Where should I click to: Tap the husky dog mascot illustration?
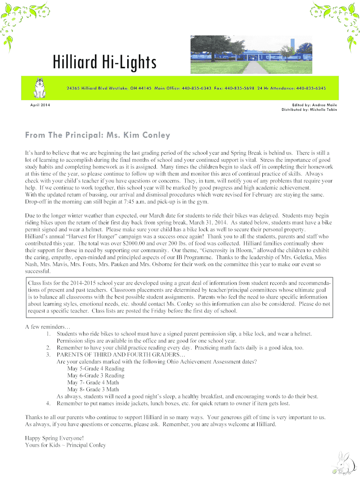[40, 87]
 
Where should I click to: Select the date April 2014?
[37, 104]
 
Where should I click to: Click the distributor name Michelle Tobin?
[323, 109]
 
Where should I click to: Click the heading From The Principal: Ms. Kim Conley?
[97, 136]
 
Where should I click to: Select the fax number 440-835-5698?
[239, 88]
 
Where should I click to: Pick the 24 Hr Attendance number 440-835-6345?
[311, 88]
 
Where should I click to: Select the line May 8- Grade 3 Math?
[93, 389]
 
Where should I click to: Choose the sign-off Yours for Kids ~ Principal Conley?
[65, 445]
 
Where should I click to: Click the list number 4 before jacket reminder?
[48, 403]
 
